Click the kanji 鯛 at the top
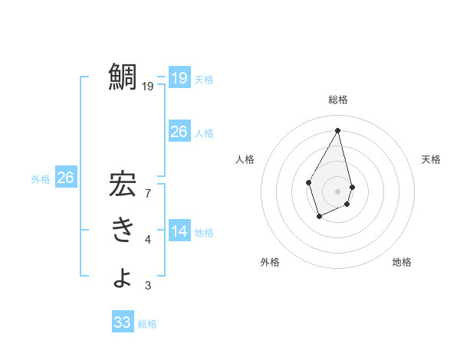[123, 78]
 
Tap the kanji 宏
[123, 185]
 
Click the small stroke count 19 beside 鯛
[147, 87]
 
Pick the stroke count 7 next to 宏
[148, 193]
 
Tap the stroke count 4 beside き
[148, 240]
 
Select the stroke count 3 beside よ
[148, 286]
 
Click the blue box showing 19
[179, 78]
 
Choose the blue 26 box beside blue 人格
[179, 132]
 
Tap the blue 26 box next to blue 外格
[65, 178]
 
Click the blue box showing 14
[179, 231]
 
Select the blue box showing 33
[122, 322]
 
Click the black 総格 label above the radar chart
[338, 100]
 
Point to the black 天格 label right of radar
[432, 159]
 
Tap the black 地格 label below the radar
[402, 262]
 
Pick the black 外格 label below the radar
[270, 262]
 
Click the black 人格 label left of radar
[245, 159]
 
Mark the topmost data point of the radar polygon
[338, 130]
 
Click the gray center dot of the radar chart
[338, 191]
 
